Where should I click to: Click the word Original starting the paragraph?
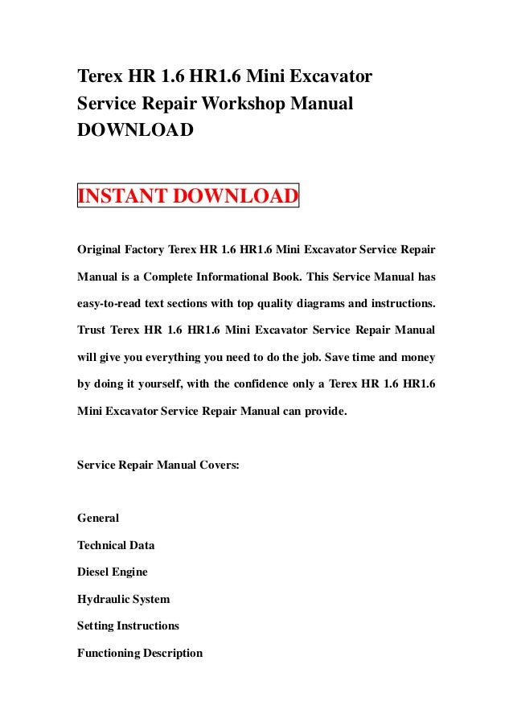[101, 249]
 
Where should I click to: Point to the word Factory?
[149, 249]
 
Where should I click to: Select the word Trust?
[92, 331]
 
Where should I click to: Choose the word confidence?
[244, 386]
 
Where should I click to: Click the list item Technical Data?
[116, 544]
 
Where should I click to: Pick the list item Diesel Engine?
[112, 572]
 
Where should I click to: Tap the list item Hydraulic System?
[123, 599]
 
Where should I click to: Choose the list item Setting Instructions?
[128, 626]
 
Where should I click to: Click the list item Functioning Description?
[140, 653]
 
